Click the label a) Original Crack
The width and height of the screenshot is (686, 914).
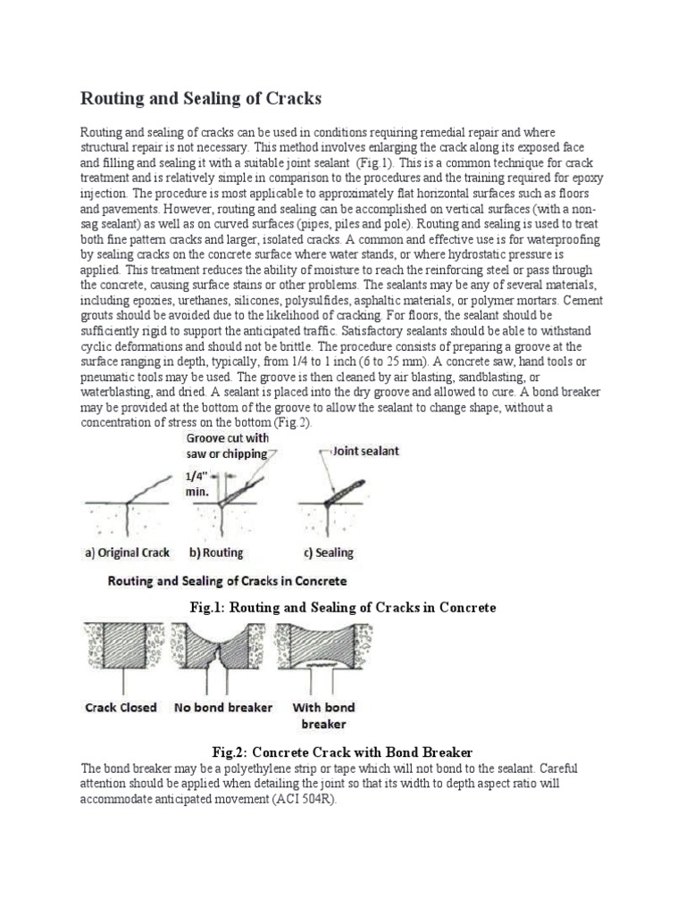[127, 553]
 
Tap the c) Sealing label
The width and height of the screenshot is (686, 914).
[323, 553]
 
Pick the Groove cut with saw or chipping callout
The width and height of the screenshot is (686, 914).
[226, 446]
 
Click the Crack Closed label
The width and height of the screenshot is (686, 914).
[121, 708]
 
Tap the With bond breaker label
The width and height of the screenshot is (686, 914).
[319, 715]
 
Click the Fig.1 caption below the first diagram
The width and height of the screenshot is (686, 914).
[342, 607]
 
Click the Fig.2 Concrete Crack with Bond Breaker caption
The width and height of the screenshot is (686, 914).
[342, 752]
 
